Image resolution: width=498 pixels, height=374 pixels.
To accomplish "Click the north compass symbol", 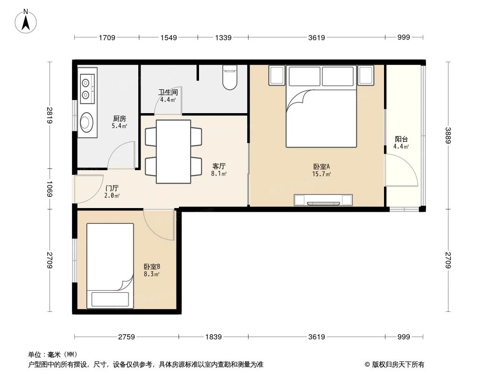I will pos(27,21).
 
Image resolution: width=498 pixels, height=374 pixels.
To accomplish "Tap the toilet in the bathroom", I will pos(229,78).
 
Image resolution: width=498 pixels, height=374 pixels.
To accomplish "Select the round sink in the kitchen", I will pos(87,123).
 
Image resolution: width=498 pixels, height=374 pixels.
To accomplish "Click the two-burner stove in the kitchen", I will pos(86,89).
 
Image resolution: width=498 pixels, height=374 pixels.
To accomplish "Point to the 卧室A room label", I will pos(321,166).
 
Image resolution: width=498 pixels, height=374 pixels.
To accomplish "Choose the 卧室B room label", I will pos(152,267).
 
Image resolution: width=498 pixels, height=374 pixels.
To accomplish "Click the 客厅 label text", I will pos(219,166).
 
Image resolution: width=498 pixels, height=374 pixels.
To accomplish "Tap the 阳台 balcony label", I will pos(401,139).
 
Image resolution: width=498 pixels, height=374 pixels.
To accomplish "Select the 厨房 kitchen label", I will pos(119,119).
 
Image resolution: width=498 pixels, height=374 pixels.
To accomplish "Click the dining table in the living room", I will pos(173,151).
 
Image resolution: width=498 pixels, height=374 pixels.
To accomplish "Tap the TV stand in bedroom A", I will pos(323,200).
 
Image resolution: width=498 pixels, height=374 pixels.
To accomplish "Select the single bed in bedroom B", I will pos(110,265).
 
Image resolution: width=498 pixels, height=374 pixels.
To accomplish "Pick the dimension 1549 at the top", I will pos(169,37).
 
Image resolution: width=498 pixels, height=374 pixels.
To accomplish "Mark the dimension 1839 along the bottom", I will pos(214,337).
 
